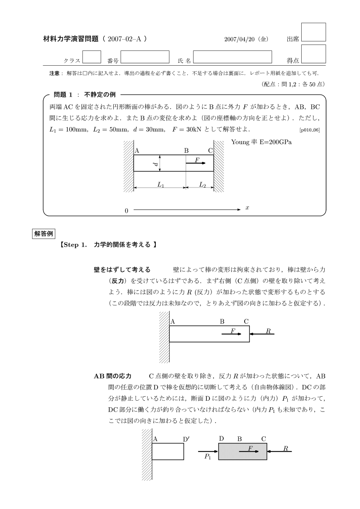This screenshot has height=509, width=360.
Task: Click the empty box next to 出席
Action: coord(313,32)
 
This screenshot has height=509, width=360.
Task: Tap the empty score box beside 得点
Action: coord(313,54)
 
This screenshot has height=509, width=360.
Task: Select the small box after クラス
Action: coord(91,57)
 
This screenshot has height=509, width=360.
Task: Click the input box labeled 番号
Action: coord(145,57)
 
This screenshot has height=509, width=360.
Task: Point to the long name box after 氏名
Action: coord(232,57)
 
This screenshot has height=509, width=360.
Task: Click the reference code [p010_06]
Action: coord(310,130)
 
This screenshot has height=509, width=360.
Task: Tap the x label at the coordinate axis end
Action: coord(247,208)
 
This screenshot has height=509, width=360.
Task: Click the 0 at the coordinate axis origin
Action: coord(126,211)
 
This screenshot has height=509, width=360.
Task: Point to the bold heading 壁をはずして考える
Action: coord(122,270)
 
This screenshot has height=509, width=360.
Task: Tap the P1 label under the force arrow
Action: coord(207,456)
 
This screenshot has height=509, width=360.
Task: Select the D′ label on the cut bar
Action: coord(186,439)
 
